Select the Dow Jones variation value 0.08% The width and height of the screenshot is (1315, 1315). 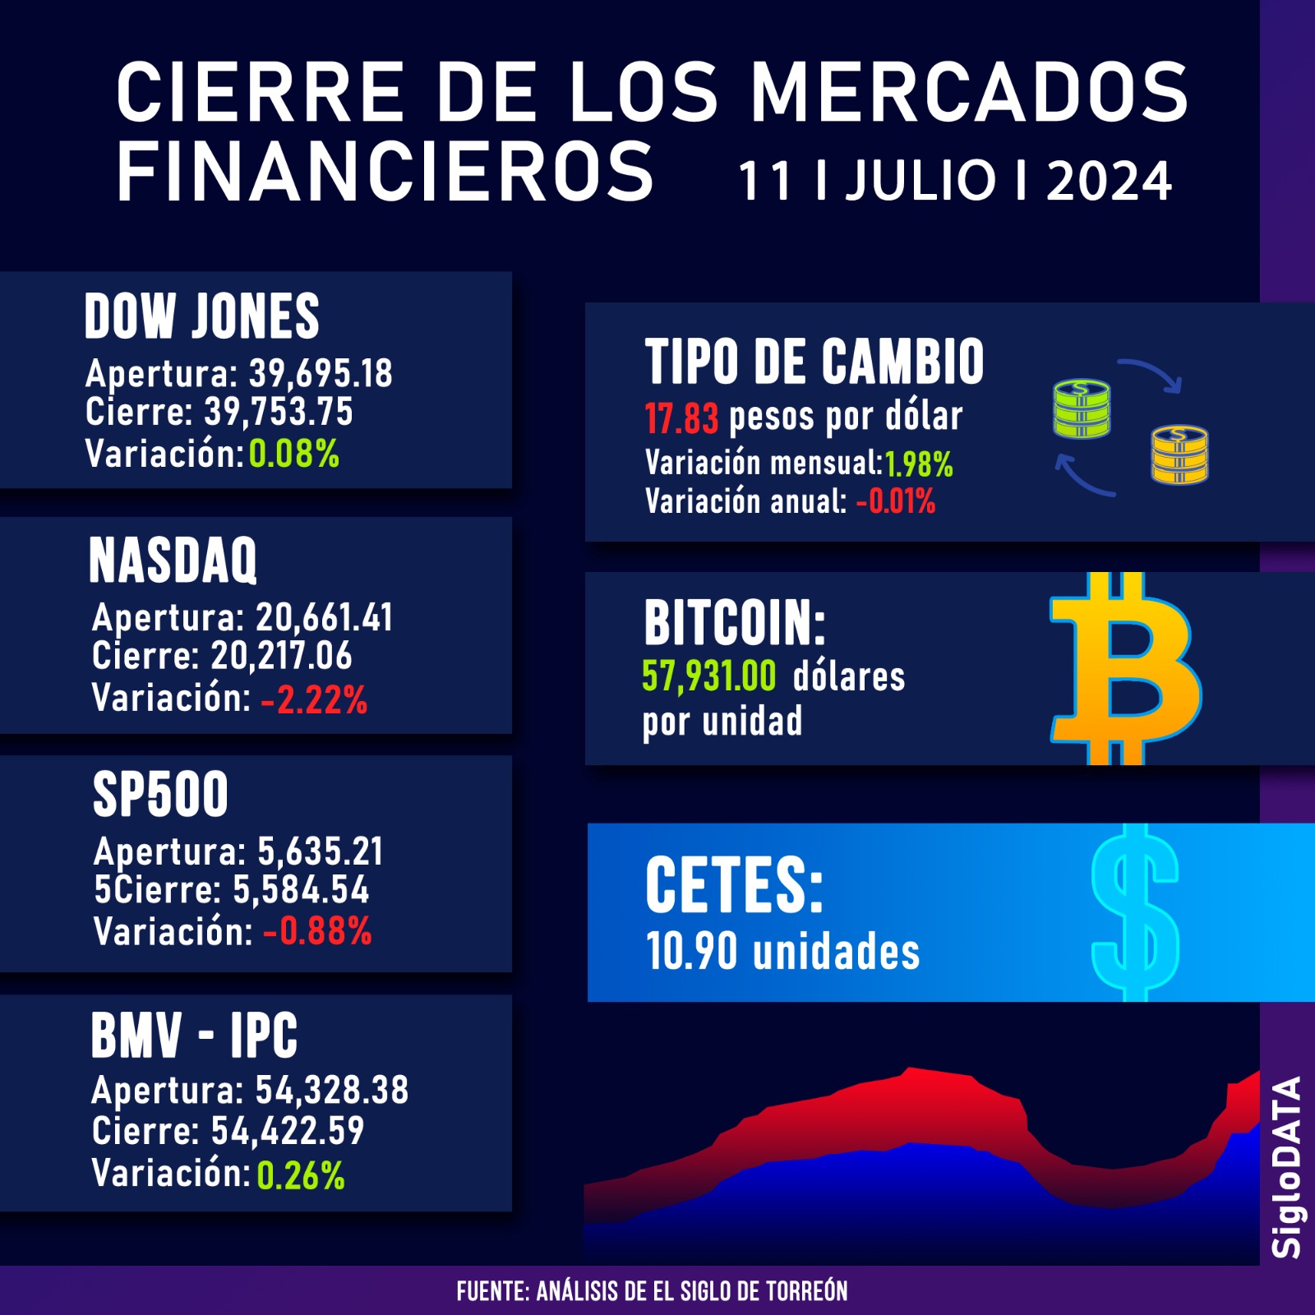[293, 454]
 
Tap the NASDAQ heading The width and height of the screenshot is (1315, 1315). [173, 561]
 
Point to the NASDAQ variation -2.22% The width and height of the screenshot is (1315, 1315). [314, 699]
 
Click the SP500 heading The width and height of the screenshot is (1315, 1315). [160, 795]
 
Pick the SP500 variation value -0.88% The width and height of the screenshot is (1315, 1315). [317, 932]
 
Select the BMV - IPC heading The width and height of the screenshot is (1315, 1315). [194, 1036]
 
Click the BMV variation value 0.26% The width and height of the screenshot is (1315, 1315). [301, 1175]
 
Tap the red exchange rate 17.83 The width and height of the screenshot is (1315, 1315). [681, 418]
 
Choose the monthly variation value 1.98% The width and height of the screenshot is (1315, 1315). [919, 464]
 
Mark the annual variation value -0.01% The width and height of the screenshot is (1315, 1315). [896, 501]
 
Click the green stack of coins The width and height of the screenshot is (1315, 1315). [1082, 408]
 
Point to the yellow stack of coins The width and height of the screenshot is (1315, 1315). [1179, 454]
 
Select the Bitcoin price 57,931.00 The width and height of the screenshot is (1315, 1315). [708, 676]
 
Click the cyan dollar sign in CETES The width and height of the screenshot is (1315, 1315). [1135, 912]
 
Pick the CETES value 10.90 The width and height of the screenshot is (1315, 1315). [691, 952]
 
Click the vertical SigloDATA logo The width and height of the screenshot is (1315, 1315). [1287, 1167]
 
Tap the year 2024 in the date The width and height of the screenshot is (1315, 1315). [1109, 181]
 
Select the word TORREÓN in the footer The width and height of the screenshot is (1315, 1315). [806, 1291]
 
